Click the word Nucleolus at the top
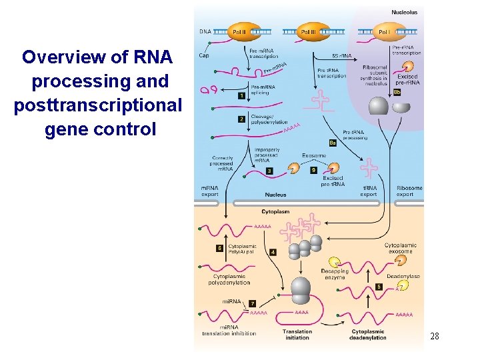point(404,12)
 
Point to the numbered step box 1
point(241,96)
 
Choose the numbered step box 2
point(241,119)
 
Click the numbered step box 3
point(269,171)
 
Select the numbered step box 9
point(314,171)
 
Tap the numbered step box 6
point(219,248)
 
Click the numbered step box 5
point(379,287)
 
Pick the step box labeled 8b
point(397,92)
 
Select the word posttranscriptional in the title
point(97,105)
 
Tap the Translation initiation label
point(297,334)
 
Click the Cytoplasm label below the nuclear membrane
point(275,211)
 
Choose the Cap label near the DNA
point(204,55)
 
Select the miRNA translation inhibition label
point(229,331)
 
